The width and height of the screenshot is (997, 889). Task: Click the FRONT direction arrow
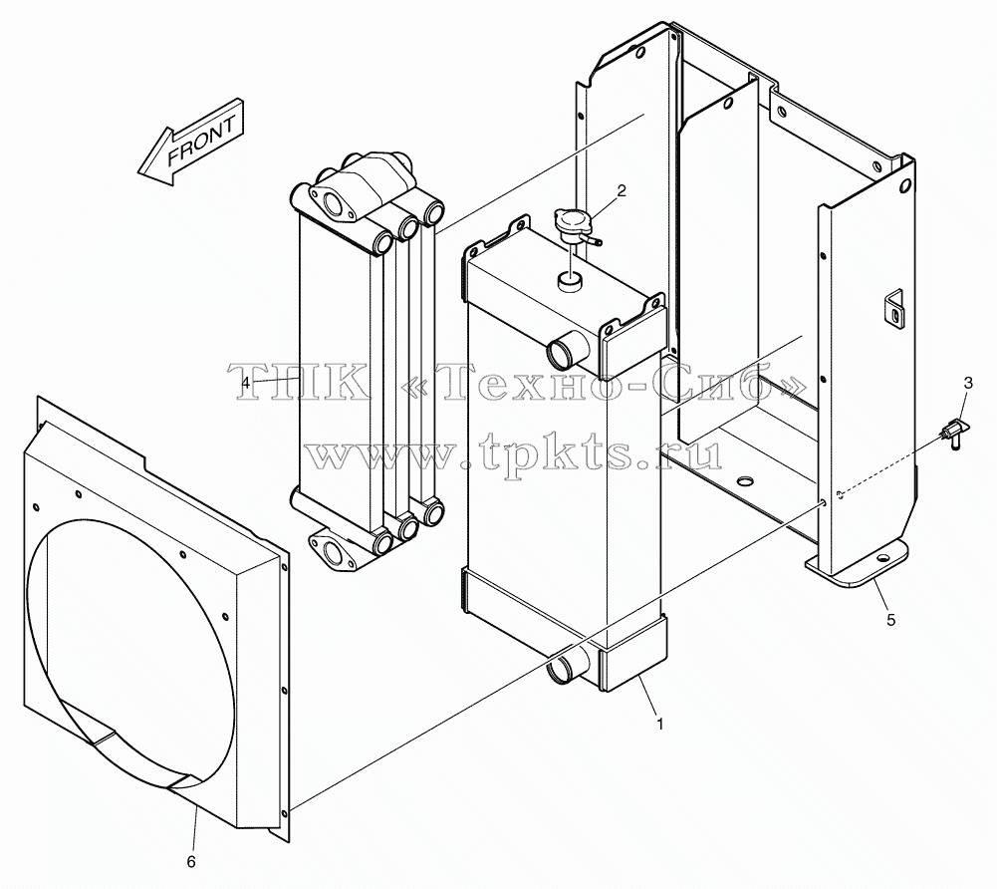pos(189,144)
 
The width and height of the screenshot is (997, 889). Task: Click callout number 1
pos(660,725)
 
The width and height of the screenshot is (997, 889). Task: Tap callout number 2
pos(622,190)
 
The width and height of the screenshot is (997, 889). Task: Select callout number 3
pos(968,383)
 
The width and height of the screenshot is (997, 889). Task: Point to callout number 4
pos(246,383)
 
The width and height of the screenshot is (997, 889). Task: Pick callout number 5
pos(890,619)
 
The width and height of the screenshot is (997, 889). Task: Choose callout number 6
pos(191,862)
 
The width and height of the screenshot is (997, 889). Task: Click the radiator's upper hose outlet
pos(566,352)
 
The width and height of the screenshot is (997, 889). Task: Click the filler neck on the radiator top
pos(569,281)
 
